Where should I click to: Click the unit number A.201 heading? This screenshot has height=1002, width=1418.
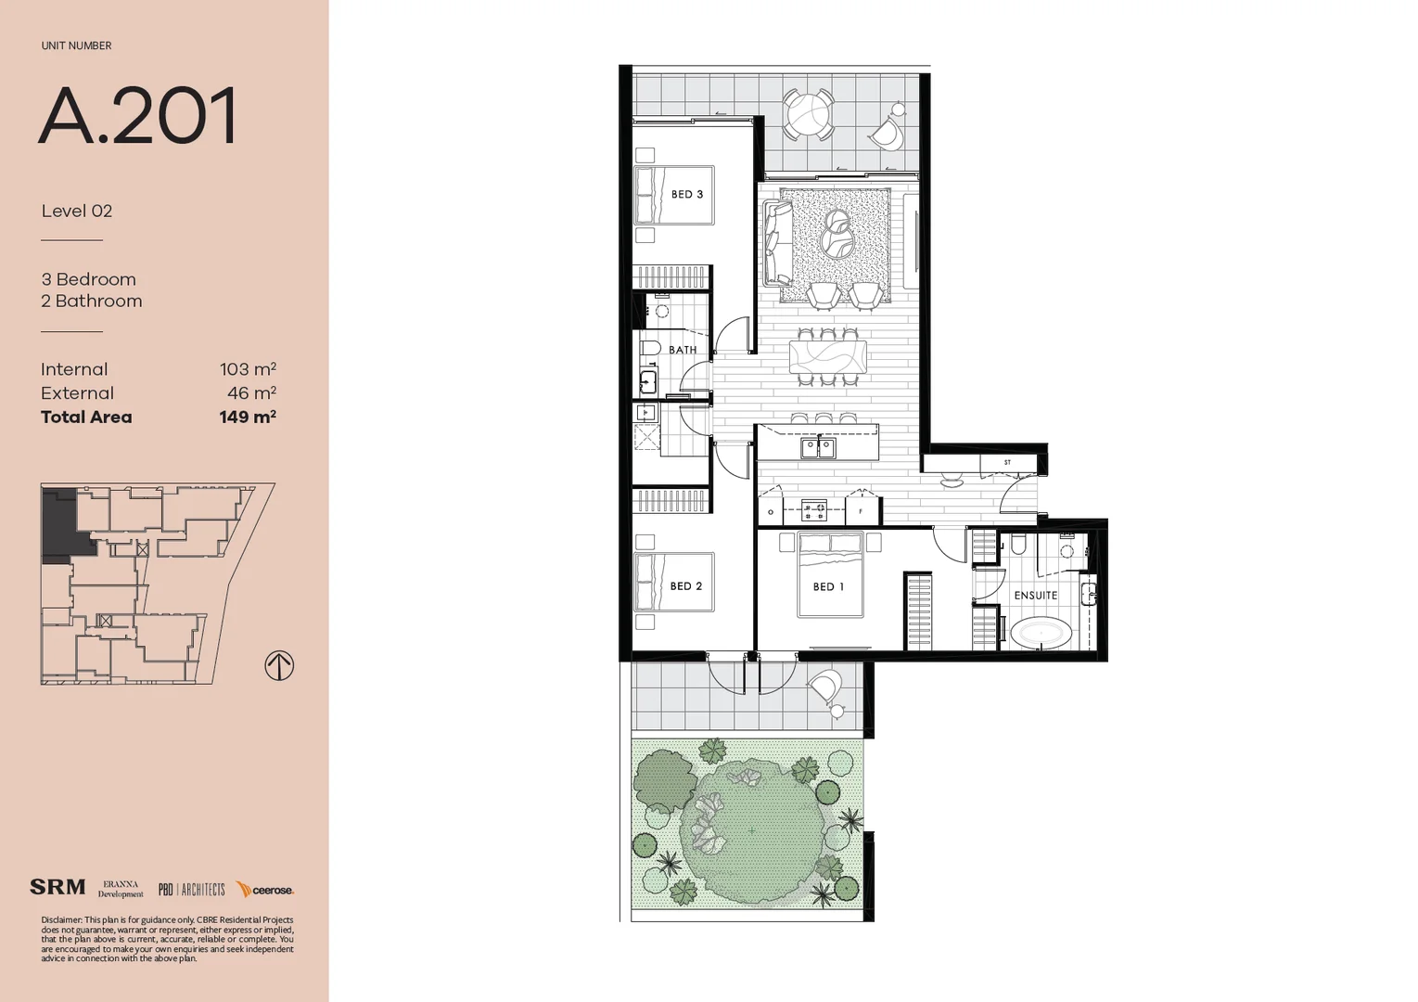[x=138, y=116]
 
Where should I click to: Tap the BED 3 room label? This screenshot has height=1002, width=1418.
[x=686, y=195]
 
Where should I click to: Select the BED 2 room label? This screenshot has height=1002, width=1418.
[x=685, y=586]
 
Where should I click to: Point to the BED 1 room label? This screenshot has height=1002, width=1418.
[x=828, y=587]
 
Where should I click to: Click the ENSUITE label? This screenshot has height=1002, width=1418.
[x=1035, y=596]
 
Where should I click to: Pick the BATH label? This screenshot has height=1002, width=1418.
[x=683, y=350]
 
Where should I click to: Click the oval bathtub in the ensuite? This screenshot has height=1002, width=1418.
[x=1041, y=635]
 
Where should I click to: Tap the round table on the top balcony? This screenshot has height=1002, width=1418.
[x=809, y=116]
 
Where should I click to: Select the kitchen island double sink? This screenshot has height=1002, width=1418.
[x=818, y=449]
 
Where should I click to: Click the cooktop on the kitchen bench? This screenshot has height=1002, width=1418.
[x=814, y=510]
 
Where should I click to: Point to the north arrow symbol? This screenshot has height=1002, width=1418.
[x=279, y=665]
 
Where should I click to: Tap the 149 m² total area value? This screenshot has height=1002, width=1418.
[x=248, y=417]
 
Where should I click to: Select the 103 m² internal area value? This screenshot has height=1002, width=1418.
[x=248, y=369]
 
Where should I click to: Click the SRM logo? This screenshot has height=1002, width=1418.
[x=57, y=888]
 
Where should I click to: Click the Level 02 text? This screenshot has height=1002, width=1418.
[x=77, y=212]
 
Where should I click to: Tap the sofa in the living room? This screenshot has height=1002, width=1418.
[x=776, y=243]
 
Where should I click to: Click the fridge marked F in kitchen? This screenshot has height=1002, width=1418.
[x=862, y=511]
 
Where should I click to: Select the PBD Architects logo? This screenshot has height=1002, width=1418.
[x=191, y=890]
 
